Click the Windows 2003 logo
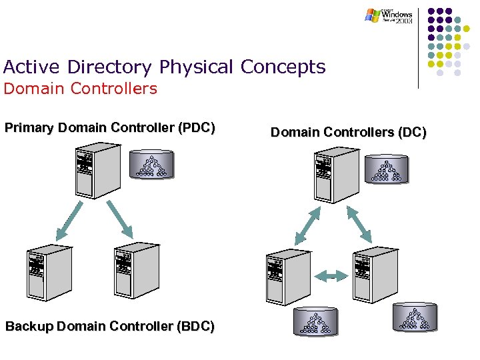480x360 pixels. (x=389, y=15)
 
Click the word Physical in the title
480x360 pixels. (x=197, y=67)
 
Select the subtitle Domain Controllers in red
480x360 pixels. (x=81, y=89)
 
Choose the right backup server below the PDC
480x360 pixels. (x=137, y=269)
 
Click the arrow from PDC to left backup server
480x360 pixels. (x=70, y=220)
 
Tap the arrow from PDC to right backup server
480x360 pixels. (x=117, y=219)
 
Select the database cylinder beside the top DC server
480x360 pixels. (x=387, y=170)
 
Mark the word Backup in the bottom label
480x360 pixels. (x=30, y=326)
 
